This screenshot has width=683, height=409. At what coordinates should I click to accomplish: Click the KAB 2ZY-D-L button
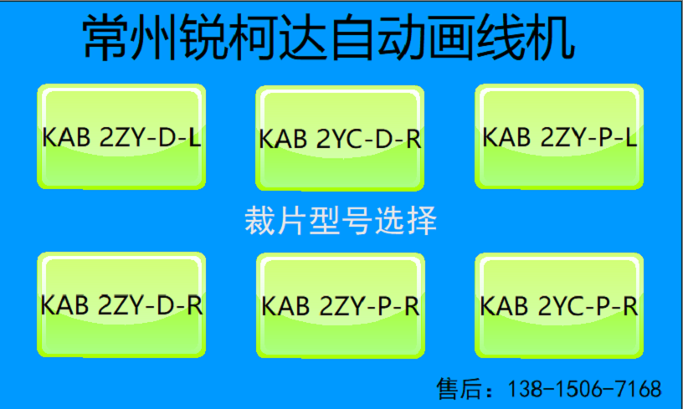(x=121, y=136)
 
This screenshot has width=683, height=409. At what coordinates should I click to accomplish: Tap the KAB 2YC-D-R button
(x=340, y=138)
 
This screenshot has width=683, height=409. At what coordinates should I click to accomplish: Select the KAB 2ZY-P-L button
(x=559, y=136)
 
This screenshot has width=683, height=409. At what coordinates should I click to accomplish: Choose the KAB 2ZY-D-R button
(x=121, y=304)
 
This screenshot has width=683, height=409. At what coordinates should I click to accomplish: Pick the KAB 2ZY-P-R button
(x=341, y=305)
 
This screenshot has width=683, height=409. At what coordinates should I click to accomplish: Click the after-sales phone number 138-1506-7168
(x=585, y=389)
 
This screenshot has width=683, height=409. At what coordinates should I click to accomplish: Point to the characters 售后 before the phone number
(x=457, y=389)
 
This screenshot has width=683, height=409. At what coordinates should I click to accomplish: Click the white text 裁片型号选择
(x=341, y=220)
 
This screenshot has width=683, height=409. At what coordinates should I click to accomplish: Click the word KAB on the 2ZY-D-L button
(x=67, y=137)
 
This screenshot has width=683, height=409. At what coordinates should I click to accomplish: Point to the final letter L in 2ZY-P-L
(x=631, y=137)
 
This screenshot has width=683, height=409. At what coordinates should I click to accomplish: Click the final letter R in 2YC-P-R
(x=631, y=306)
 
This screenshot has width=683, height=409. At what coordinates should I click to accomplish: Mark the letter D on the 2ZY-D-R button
(x=167, y=305)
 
